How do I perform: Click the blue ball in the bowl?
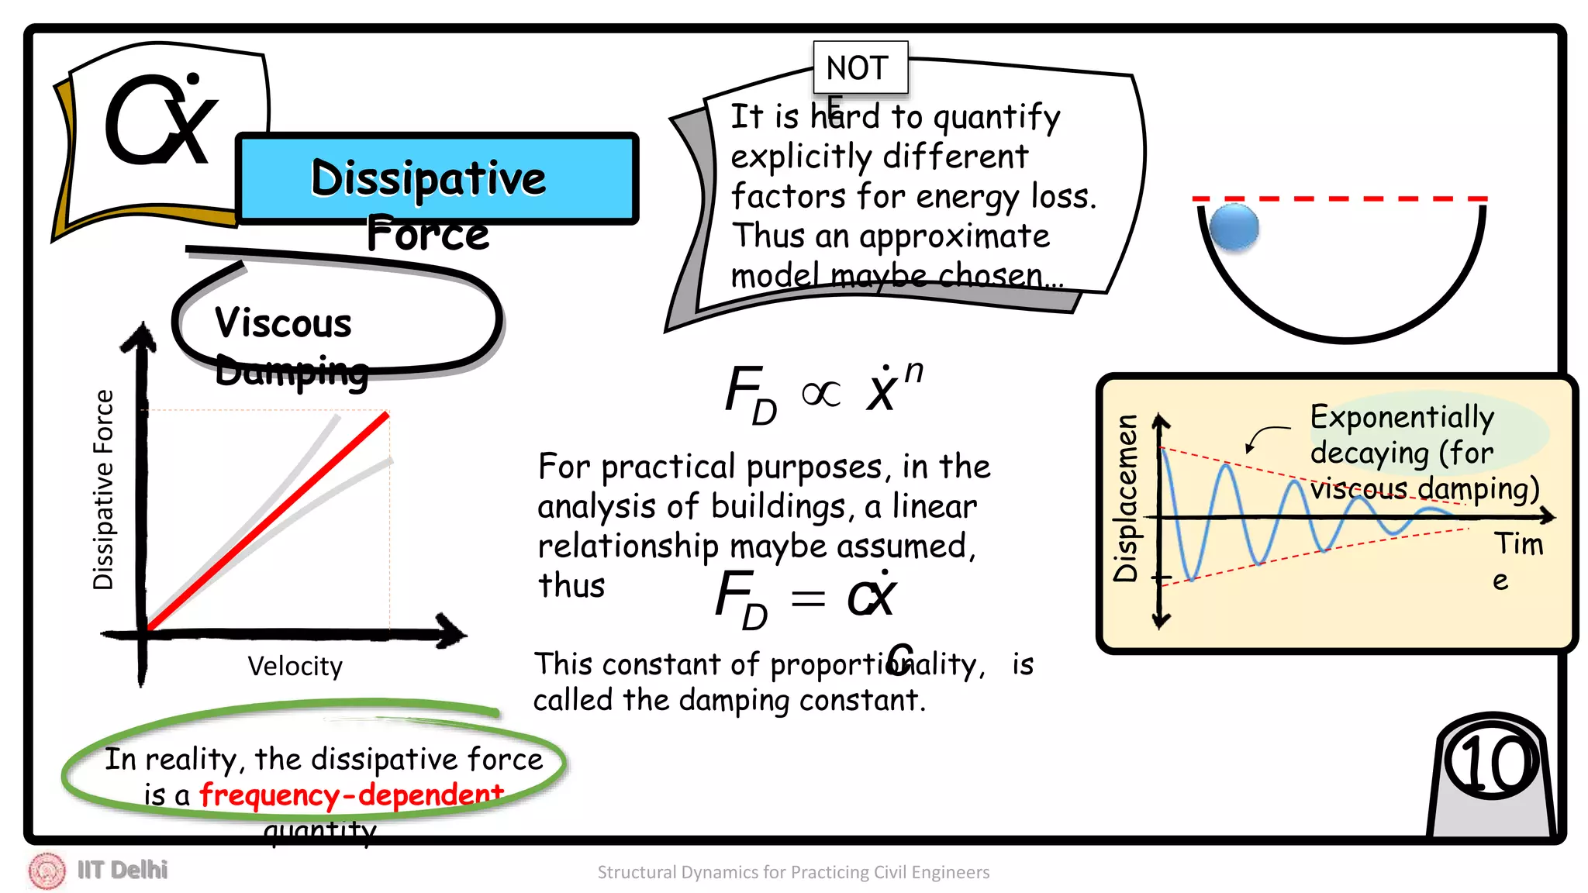tap(1234, 227)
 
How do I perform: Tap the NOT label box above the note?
tap(859, 68)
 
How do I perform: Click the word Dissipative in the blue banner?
tap(428, 178)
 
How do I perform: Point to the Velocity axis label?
tap(295, 666)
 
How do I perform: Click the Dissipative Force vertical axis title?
tap(103, 490)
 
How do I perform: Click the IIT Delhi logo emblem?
tap(47, 870)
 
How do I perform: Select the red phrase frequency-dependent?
tap(351, 795)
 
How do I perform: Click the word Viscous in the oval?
tap(283, 323)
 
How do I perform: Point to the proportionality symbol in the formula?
tap(820, 394)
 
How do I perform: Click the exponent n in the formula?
tap(914, 372)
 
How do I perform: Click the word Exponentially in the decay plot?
tap(1402, 417)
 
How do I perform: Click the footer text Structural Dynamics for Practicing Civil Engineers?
tap(793, 872)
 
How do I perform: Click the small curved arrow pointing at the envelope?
tap(1264, 436)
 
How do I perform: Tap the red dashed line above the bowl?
tap(1340, 199)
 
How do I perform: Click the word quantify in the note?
tap(996, 118)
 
